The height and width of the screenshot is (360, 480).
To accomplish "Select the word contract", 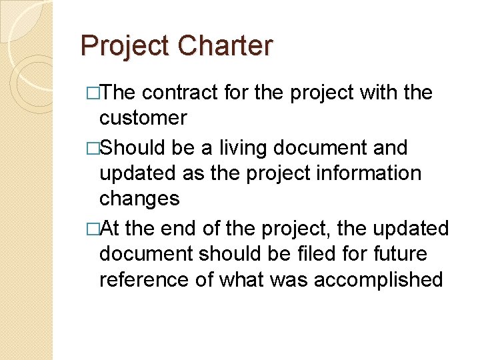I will pyautogui.click(x=181, y=93).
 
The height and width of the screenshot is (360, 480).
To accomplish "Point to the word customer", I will pyautogui.click(x=143, y=119).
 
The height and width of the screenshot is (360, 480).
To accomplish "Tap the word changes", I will pyautogui.click(x=139, y=199).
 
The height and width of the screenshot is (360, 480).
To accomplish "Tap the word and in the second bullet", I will pyautogui.click(x=389, y=147).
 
